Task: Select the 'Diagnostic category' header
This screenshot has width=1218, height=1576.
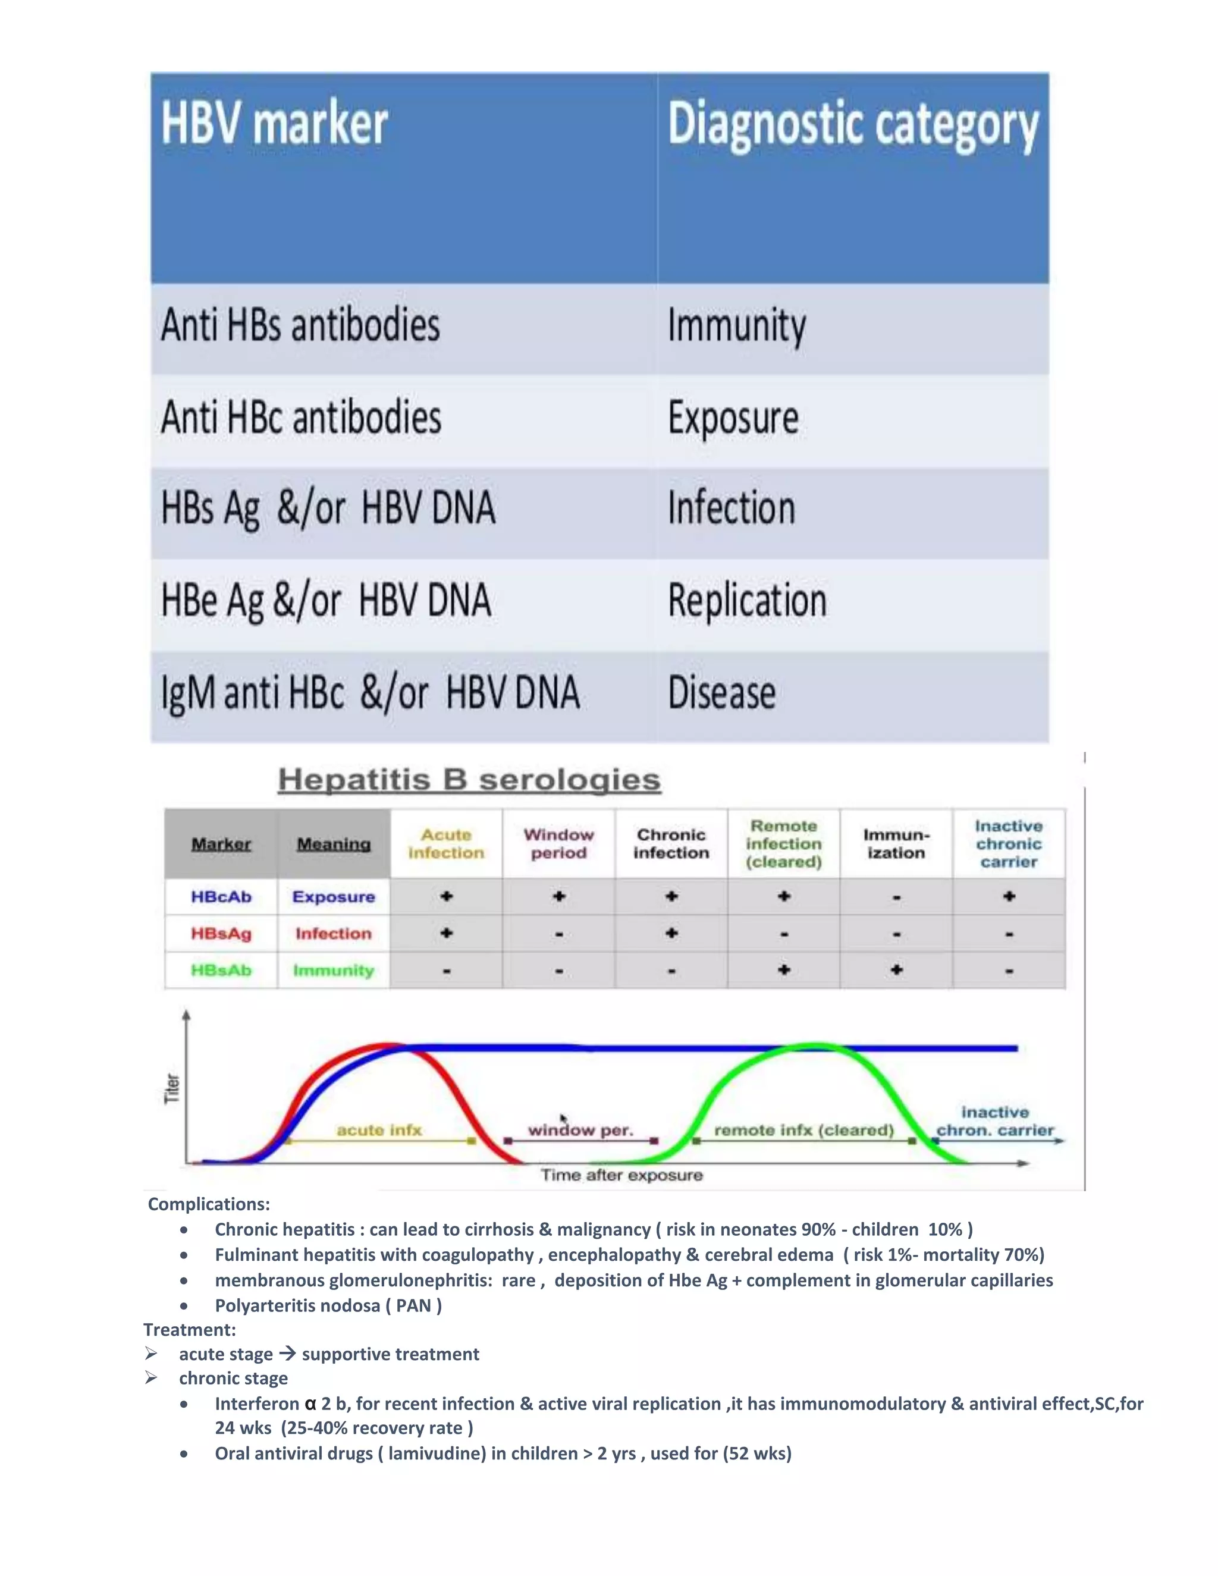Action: (x=852, y=125)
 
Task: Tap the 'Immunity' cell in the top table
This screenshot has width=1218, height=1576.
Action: (x=736, y=326)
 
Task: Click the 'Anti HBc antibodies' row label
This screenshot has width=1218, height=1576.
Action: (x=301, y=418)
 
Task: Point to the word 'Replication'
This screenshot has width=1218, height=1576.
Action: (x=747, y=601)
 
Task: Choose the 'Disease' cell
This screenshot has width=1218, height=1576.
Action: (x=721, y=693)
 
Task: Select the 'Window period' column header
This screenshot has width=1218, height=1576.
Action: (x=558, y=843)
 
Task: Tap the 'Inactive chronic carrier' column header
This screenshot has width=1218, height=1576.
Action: (x=1008, y=843)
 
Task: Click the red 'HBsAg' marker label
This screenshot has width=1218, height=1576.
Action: (x=221, y=934)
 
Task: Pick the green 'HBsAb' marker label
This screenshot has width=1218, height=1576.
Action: (x=221, y=971)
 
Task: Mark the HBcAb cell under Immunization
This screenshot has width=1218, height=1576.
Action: (x=896, y=897)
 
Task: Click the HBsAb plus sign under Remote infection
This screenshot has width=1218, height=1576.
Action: (x=784, y=971)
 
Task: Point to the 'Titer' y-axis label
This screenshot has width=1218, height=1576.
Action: (x=172, y=1088)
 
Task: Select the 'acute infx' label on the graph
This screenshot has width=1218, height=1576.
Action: (x=379, y=1130)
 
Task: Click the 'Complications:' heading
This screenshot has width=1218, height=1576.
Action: (x=209, y=1204)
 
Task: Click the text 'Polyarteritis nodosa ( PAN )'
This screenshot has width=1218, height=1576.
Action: (x=328, y=1305)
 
